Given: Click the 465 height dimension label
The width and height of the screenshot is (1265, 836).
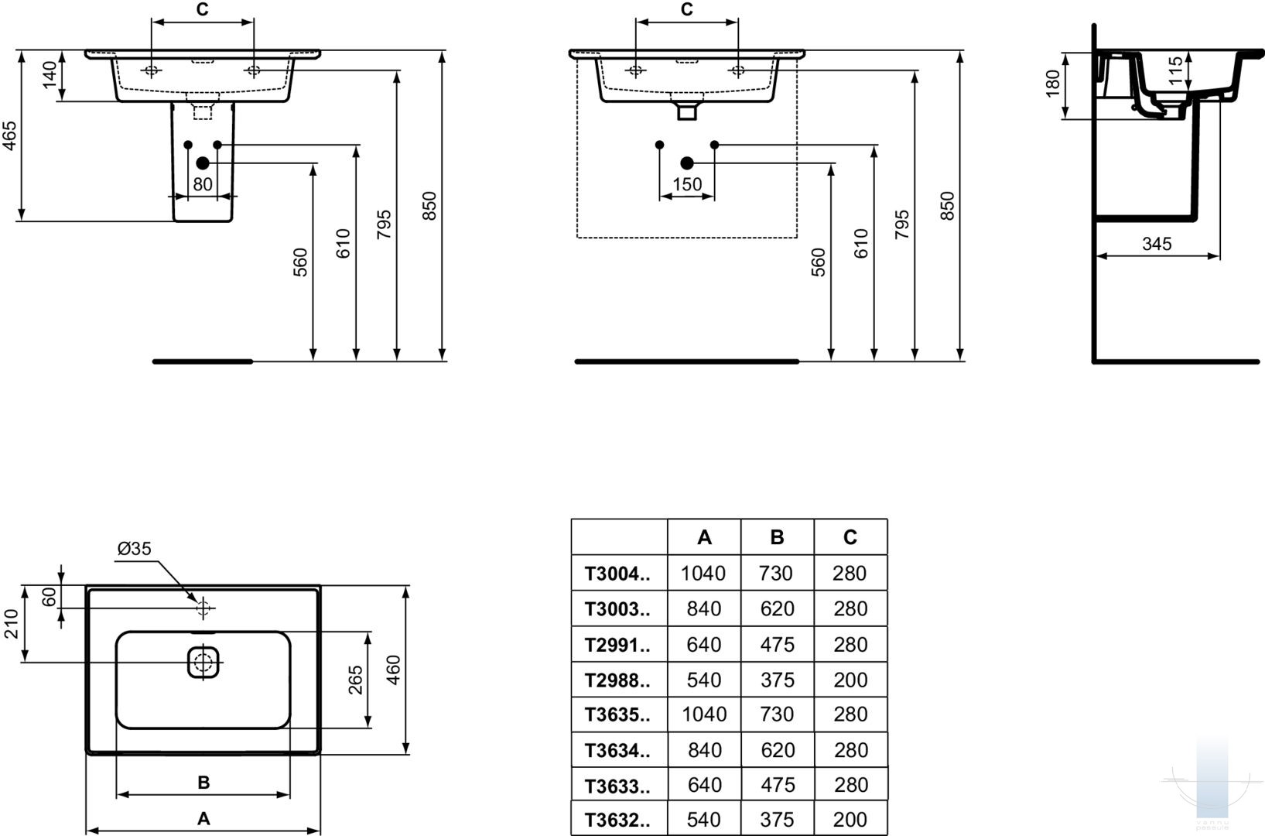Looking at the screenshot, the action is pyautogui.click(x=10, y=135).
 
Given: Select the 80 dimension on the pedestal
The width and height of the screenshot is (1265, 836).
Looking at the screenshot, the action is pyautogui.click(x=203, y=184).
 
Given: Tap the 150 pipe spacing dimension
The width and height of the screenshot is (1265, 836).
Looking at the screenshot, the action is pyautogui.click(x=687, y=184).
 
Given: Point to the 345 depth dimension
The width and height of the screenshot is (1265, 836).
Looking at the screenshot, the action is pyautogui.click(x=1157, y=244).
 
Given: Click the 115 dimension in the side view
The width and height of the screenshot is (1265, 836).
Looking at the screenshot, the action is pyautogui.click(x=1175, y=70).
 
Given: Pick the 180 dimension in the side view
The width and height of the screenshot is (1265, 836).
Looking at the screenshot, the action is pyautogui.click(x=1053, y=84).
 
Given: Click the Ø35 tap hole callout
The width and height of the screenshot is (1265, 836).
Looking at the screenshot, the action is pyautogui.click(x=135, y=549).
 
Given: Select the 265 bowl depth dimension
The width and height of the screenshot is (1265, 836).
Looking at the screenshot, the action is pyautogui.click(x=355, y=680).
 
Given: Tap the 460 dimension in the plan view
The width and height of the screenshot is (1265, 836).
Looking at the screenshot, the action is pyautogui.click(x=393, y=670).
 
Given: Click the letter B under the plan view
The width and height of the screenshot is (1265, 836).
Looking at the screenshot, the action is pyautogui.click(x=203, y=783).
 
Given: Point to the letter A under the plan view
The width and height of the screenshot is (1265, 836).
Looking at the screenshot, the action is pyautogui.click(x=203, y=818).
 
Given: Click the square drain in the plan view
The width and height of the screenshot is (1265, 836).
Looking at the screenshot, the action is pyautogui.click(x=203, y=662).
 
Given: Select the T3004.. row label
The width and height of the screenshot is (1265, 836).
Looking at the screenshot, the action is pyautogui.click(x=617, y=574).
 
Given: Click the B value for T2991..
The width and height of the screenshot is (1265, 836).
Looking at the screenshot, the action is pyautogui.click(x=777, y=645).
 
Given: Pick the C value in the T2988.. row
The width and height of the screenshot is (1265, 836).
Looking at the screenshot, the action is pyautogui.click(x=850, y=680).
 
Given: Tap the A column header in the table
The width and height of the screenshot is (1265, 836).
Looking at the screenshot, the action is pyautogui.click(x=704, y=537).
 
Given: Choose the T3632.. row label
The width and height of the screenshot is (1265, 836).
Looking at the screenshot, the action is pyautogui.click(x=617, y=820).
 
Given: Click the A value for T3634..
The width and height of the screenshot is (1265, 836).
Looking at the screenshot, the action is pyautogui.click(x=704, y=750).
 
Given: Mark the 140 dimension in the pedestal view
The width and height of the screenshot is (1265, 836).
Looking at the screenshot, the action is pyautogui.click(x=50, y=75).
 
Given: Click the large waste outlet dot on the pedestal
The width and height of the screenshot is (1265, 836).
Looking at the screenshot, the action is pyautogui.click(x=203, y=163).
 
